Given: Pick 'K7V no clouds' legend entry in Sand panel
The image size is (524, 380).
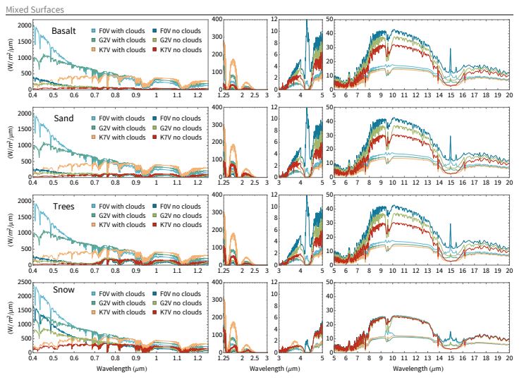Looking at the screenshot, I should tap(182, 137).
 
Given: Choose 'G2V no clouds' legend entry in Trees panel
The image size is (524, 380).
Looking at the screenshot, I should tap(182, 216).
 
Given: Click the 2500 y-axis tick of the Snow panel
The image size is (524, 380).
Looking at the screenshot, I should tap(21, 283).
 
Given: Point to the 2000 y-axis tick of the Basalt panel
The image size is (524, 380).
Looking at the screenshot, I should tap(21, 25).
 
